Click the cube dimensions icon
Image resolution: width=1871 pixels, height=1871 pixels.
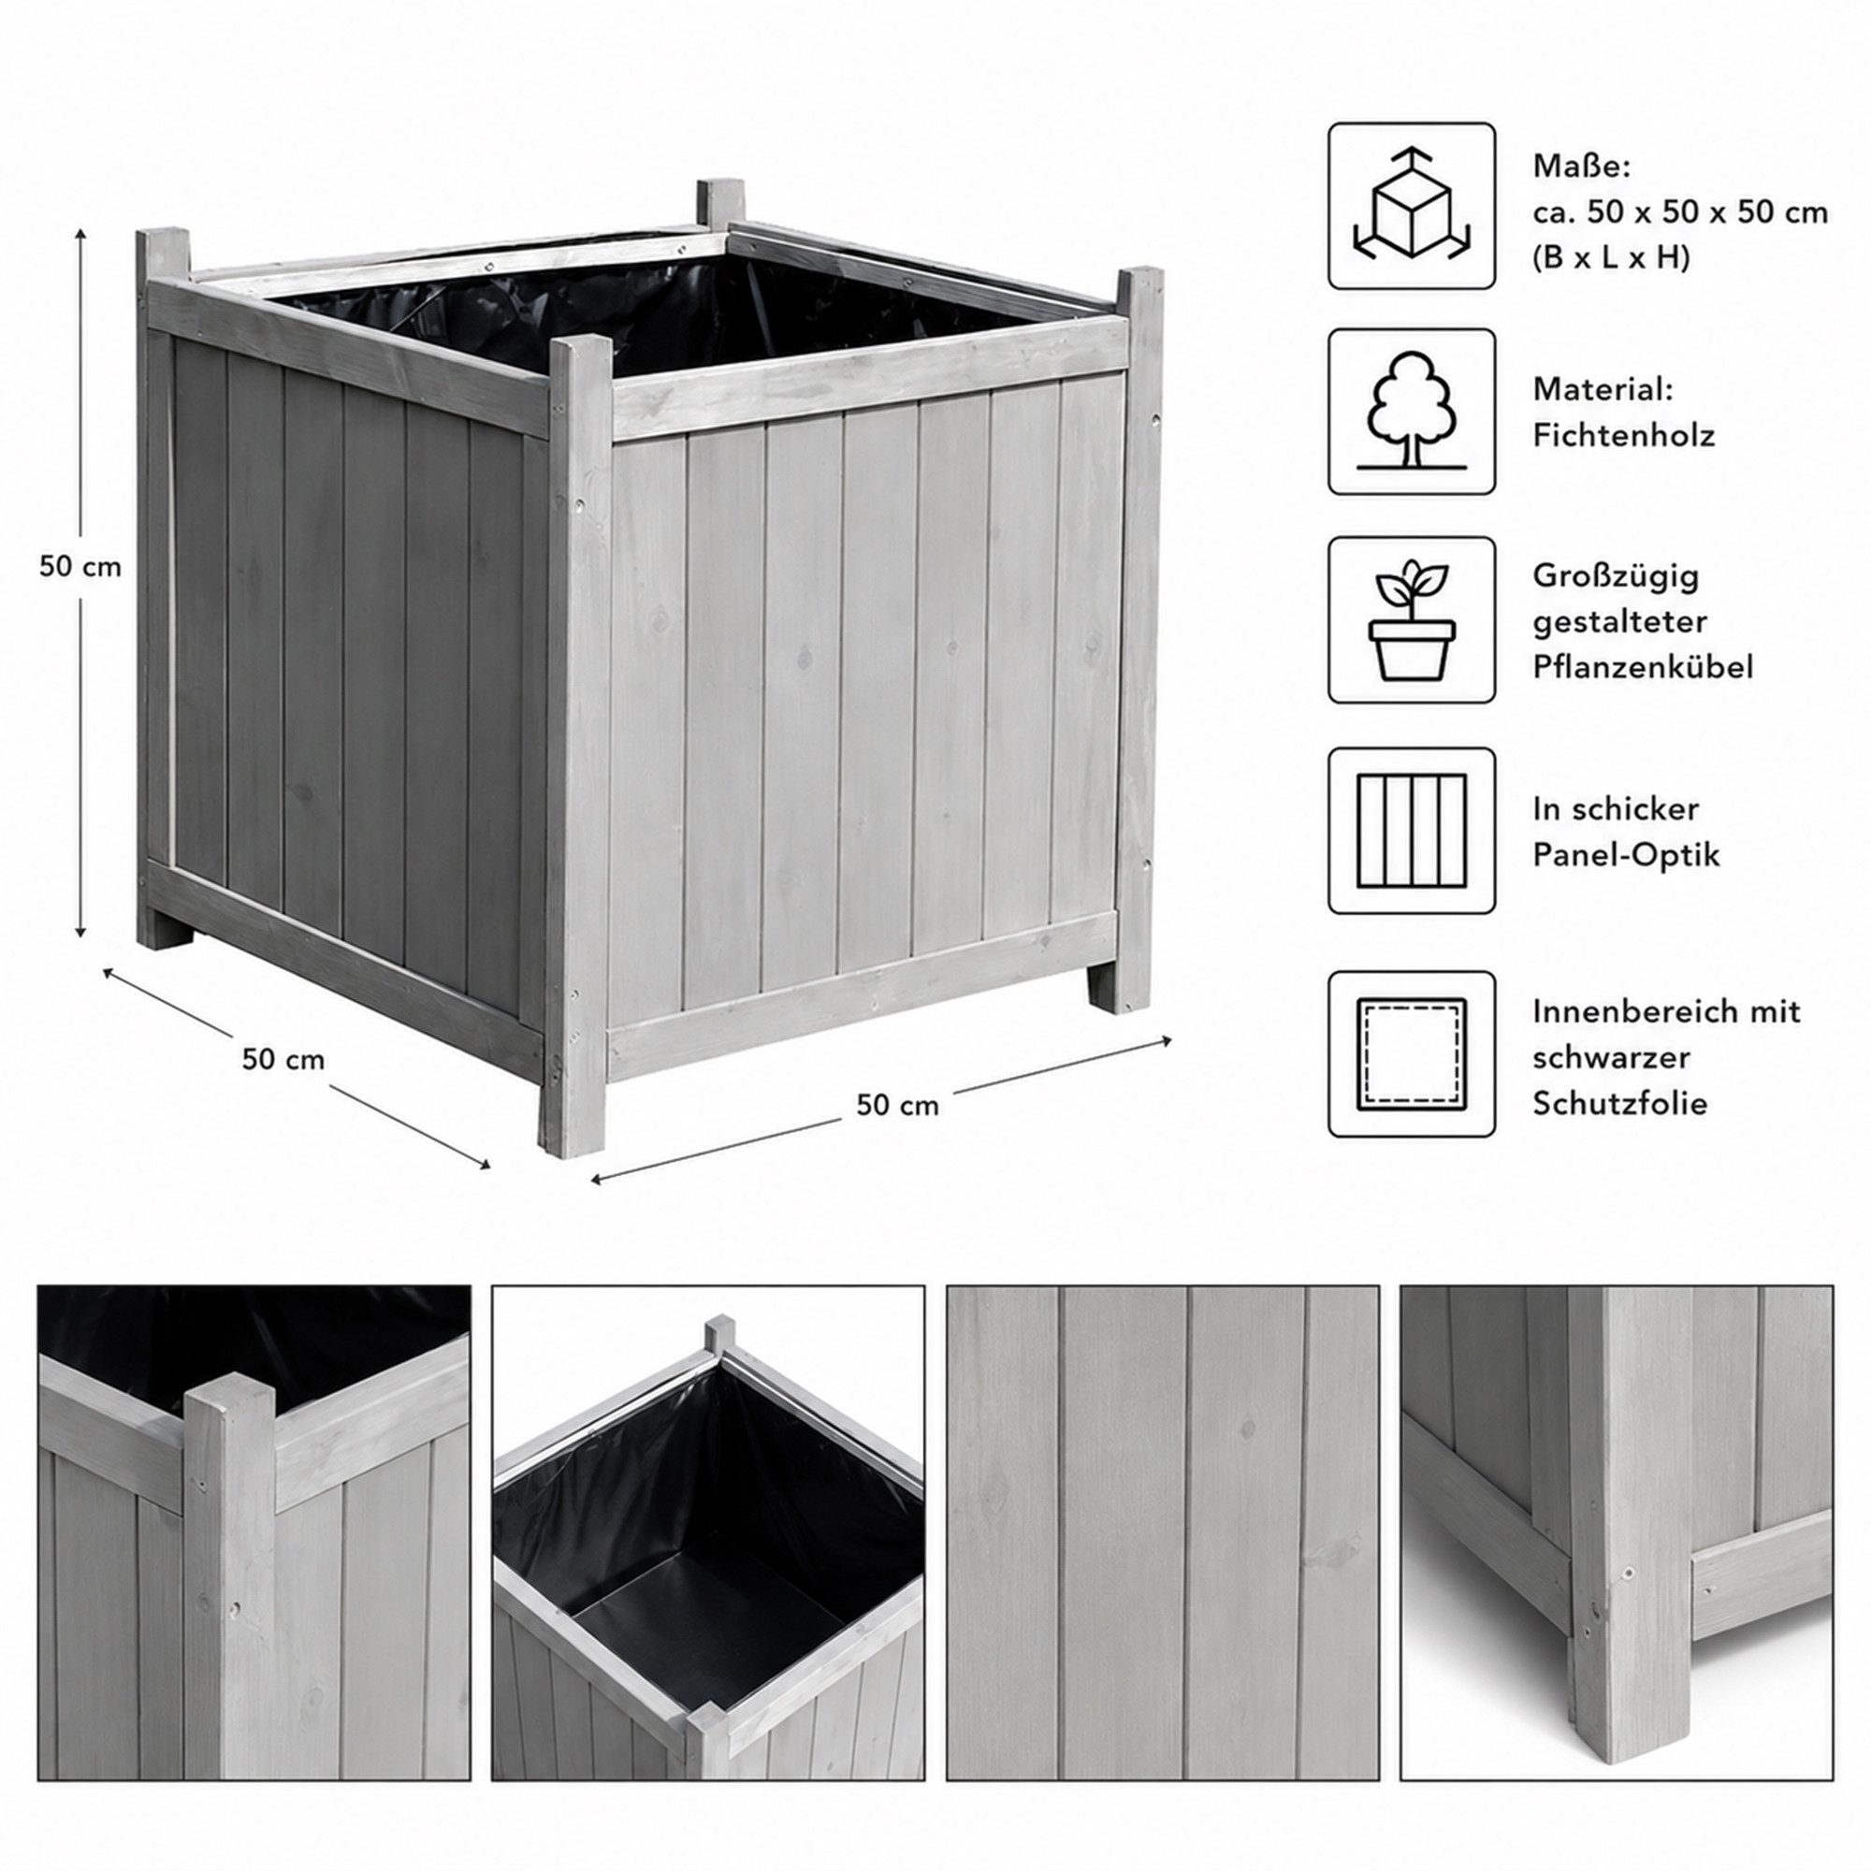[1411, 205]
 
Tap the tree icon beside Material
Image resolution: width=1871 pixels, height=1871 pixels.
[1411, 412]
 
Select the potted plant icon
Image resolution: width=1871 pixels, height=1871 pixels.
[1411, 620]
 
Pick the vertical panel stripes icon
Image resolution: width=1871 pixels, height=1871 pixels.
[1411, 830]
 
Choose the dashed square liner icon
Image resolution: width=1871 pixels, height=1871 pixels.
[1411, 1053]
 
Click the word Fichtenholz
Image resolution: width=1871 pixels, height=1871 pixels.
[1623, 436]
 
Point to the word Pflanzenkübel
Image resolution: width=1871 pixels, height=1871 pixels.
[1643, 666]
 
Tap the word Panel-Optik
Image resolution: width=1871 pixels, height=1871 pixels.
[1626, 854]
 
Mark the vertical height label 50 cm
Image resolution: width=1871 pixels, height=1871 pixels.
[80, 568]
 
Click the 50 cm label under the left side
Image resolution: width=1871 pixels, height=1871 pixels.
[283, 1060]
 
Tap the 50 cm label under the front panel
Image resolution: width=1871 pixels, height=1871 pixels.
[897, 1105]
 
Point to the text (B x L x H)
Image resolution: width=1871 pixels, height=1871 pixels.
[1611, 258]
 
